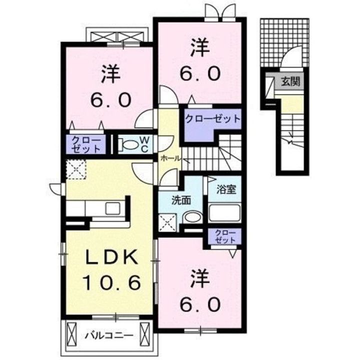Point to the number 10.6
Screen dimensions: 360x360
tap(112, 282)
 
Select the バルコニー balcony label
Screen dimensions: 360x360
tap(109, 336)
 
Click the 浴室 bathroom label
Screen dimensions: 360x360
tap(226, 189)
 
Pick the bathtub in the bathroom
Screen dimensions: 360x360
tap(224, 212)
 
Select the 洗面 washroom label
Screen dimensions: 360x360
tap(181, 201)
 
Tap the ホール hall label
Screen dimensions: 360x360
tap(170, 158)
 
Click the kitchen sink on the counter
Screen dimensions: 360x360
tap(112, 208)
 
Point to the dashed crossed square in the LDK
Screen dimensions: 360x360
tap(76, 169)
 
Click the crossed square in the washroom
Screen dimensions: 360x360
tap(168, 222)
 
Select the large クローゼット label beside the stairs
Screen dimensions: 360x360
tap(212, 119)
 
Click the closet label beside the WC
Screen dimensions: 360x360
tap(86, 144)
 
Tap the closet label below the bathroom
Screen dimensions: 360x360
tap(225, 236)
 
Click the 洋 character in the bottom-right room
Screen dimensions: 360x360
tap(200, 278)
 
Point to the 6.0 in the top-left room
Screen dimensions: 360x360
tap(111, 99)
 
